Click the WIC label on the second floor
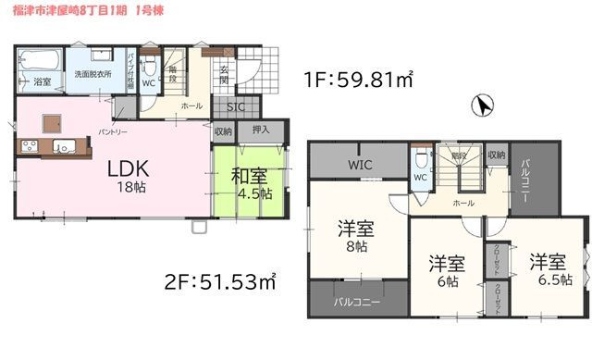[361, 164]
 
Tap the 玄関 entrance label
[225, 74]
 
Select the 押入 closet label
[261, 130]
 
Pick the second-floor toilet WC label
[419, 177]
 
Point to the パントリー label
[113, 131]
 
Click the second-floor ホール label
[464, 201]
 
